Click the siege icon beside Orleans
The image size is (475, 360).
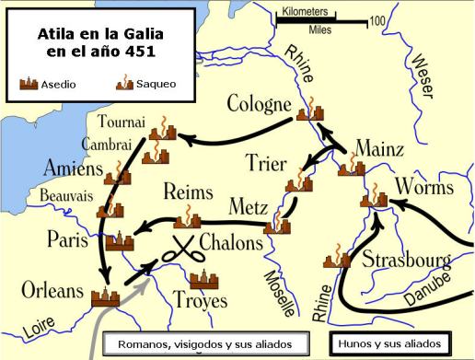click(105, 296)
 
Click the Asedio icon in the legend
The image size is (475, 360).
click(30, 84)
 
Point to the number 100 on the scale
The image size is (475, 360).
click(377, 19)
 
